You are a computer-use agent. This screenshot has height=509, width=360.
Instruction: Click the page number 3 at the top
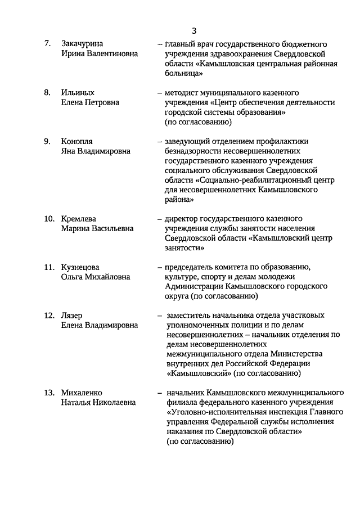coord(194,30)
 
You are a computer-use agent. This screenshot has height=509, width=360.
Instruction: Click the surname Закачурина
coord(85,43)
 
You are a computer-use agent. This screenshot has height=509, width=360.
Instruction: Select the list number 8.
coord(48,92)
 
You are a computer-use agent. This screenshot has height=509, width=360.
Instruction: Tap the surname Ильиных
coord(78,92)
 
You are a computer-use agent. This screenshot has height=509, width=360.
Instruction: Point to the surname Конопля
coord(77,141)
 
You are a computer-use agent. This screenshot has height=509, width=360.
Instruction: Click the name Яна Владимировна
coord(96,151)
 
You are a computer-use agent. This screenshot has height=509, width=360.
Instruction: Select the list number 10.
coord(49,218)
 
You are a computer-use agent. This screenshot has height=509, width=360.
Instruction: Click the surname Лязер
coord(71,316)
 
